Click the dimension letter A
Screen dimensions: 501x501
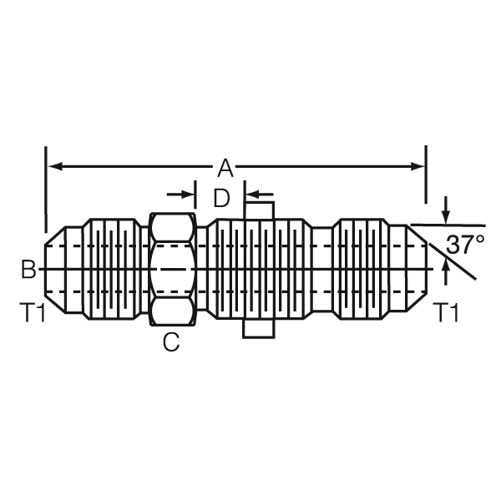225,169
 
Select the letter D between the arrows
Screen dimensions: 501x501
221,198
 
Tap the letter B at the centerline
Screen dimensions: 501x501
28,269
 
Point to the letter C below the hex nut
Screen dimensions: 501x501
171,342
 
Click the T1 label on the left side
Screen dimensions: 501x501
33,312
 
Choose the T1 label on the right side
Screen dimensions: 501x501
446,312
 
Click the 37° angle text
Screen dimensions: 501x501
465,245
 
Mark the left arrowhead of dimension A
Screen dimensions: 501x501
55,166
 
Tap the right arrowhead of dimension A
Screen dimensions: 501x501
418,166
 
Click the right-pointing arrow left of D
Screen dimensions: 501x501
180,194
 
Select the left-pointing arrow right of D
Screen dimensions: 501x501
260,194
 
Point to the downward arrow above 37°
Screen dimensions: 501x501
447,210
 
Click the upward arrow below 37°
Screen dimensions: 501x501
447,271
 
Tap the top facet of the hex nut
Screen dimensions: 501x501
172,227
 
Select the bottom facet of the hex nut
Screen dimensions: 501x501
172,311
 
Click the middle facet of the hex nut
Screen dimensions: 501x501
172,270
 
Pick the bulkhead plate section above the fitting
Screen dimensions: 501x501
260,210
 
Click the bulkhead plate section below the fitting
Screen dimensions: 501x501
259,328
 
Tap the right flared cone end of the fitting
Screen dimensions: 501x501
417,269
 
